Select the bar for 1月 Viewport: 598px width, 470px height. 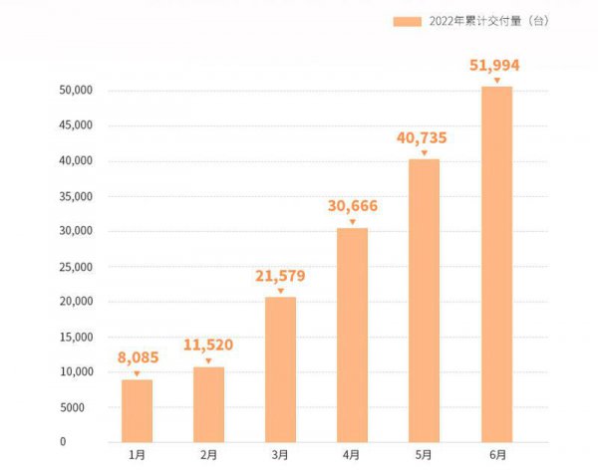point(137,410)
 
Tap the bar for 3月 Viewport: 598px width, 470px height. point(280,369)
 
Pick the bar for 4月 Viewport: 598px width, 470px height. point(352,335)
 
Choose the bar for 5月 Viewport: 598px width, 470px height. point(424,300)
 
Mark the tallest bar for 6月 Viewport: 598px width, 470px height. point(496,264)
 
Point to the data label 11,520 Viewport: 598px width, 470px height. point(208,346)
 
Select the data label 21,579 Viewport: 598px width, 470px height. point(280,276)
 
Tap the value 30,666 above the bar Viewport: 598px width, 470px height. point(352,206)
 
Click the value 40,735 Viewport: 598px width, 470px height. point(424,137)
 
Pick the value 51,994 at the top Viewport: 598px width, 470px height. point(496,66)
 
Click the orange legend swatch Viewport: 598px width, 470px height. point(408,20)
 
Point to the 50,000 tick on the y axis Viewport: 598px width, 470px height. point(77,91)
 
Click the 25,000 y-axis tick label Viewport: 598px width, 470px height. point(77,267)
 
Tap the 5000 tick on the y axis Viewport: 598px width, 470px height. point(80,407)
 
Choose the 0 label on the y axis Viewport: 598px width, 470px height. point(90,442)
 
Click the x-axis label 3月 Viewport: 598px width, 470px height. point(280,455)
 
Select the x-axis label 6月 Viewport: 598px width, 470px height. point(496,455)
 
